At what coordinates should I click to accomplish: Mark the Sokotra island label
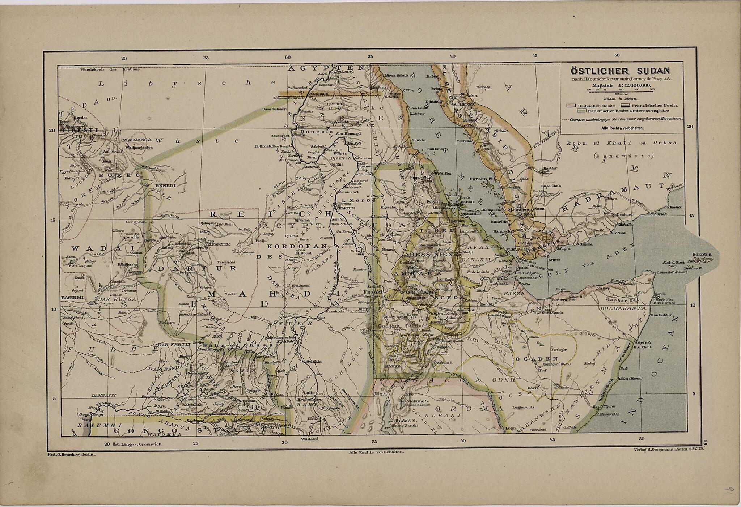pyautogui.click(x=703, y=255)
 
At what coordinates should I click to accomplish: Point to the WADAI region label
pyautogui.click(x=89, y=248)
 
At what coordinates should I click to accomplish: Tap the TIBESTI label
pyautogui.click(x=76, y=131)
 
